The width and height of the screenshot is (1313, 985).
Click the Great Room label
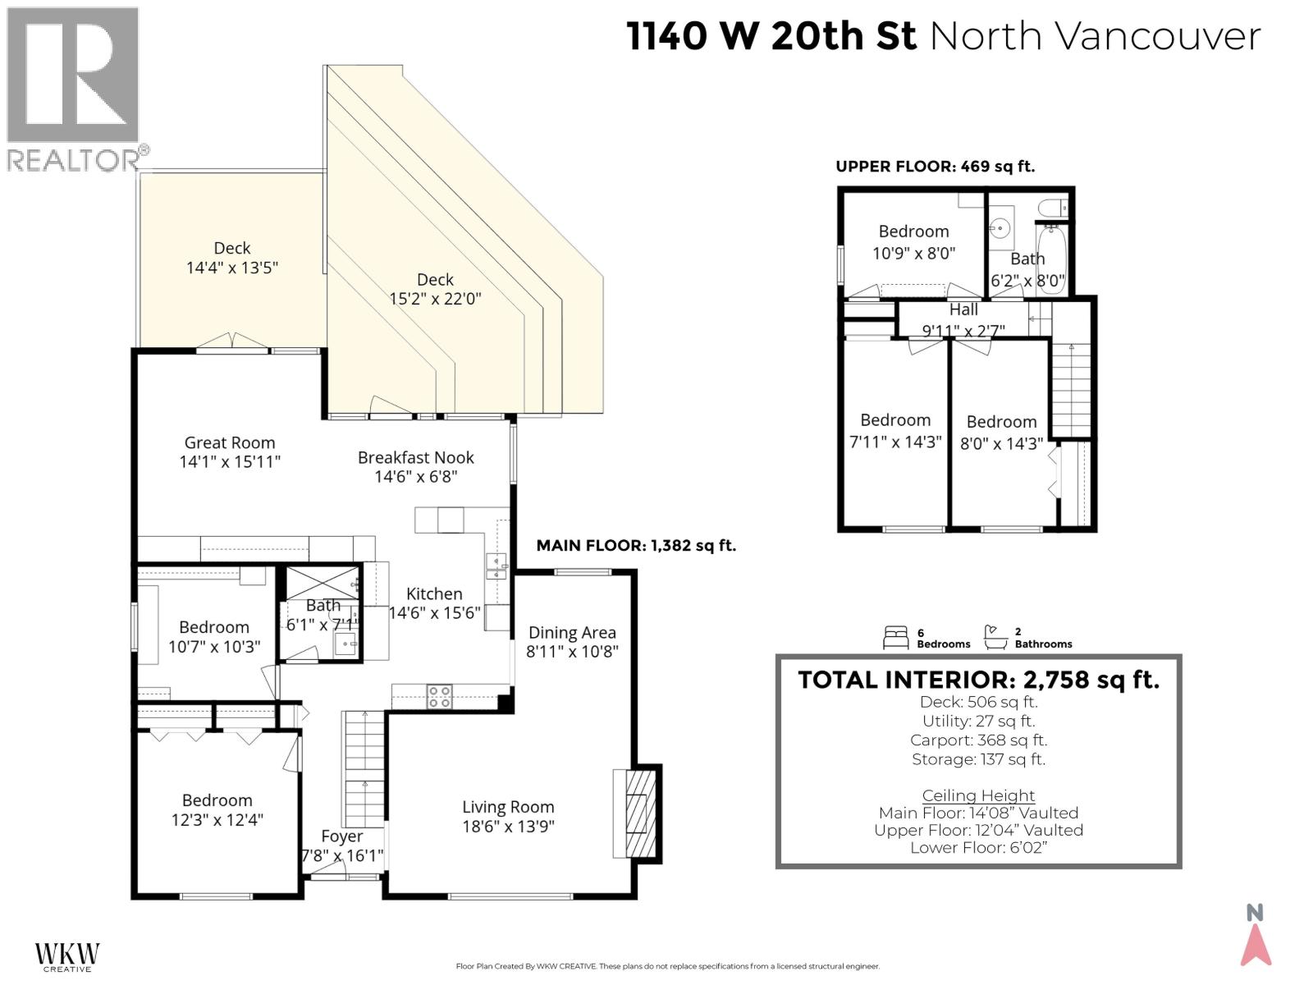[229, 442]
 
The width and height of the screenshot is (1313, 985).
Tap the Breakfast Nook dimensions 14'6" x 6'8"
[415, 476]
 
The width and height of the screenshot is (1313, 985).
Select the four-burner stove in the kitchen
[439, 696]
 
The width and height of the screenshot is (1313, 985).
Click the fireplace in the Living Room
[636, 813]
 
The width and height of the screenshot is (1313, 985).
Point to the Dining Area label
[572, 632]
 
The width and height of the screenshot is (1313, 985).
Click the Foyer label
[341, 836]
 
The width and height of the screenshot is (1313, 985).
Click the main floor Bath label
[323, 605]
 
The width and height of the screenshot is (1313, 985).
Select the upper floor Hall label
[963, 309]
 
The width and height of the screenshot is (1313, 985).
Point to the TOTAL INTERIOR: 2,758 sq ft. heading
[978, 680]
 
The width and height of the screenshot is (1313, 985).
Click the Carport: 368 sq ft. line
[978, 740]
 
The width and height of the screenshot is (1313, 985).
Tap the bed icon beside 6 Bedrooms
[896, 638]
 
